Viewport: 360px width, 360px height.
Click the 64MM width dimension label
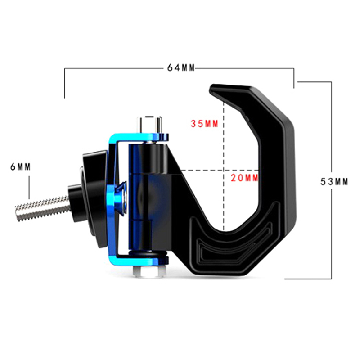(x=181, y=68)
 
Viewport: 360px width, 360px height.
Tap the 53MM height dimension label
(x=334, y=182)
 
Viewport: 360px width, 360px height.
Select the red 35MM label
(x=205, y=124)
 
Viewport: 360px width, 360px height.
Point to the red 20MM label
(x=244, y=178)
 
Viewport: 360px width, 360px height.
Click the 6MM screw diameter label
(x=20, y=167)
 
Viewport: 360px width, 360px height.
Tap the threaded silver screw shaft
(x=43, y=208)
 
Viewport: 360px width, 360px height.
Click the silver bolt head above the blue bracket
(x=149, y=124)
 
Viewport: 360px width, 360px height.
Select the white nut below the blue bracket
(x=149, y=272)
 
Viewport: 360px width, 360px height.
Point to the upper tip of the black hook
(x=212, y=88)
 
